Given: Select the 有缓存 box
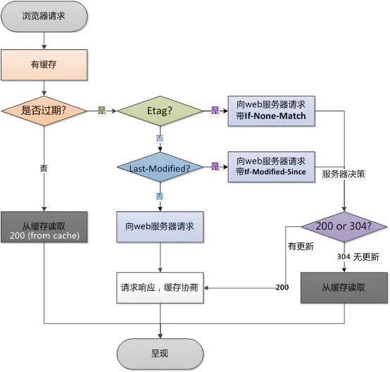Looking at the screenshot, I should point(44,64).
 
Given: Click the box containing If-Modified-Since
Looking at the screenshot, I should point(272,166).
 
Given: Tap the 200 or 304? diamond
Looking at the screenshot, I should point(344,227).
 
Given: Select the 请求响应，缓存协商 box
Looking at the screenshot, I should point(159,288).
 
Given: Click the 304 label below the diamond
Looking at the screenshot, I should point(343,256).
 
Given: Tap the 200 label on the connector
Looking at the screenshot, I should point(282,288).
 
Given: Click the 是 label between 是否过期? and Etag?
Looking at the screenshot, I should point(101,111).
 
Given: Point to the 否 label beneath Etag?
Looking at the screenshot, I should point(159,139).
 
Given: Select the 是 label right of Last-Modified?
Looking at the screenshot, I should point(215,167).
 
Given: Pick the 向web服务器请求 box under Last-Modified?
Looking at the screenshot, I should point(159,228).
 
